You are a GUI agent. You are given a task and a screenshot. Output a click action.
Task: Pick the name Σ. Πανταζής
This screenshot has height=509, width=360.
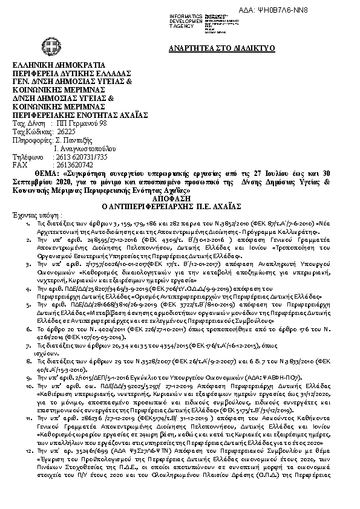coord(73,140)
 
